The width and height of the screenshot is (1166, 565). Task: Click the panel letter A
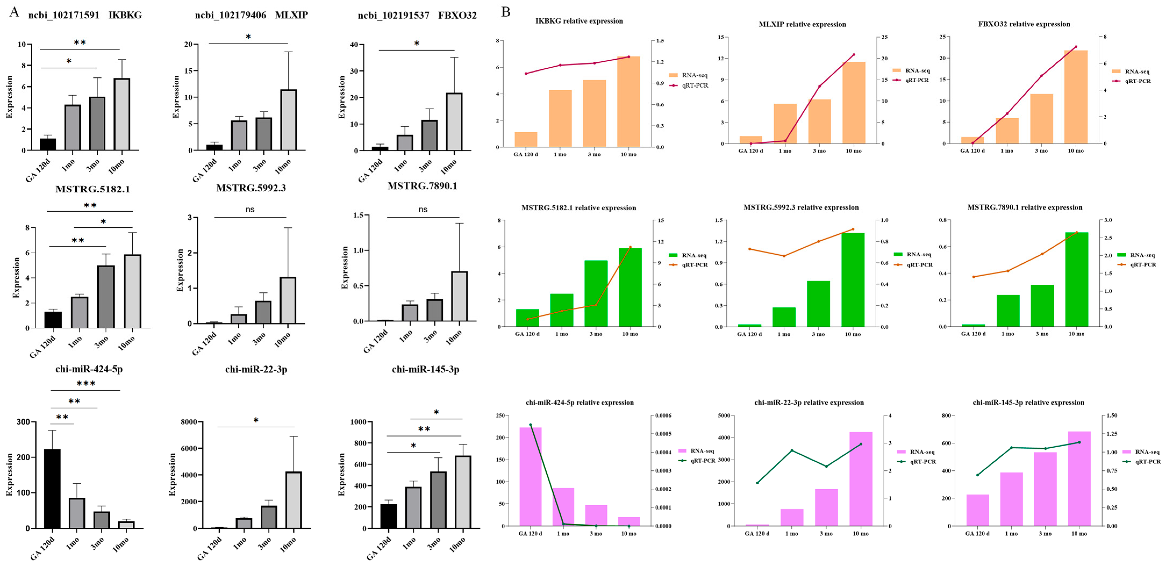coord(15,12)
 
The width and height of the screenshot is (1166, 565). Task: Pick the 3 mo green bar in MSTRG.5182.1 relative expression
coord(596,293)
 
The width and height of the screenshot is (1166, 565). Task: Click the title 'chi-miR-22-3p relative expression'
coord(809,402)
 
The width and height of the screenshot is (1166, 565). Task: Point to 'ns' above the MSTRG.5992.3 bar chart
coord(250,210)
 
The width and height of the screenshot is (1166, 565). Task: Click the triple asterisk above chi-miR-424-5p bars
coord(85,384)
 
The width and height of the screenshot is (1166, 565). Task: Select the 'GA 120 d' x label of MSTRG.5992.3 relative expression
coord(749,334)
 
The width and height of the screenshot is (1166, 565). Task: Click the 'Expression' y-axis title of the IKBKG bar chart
coord(9,97)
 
